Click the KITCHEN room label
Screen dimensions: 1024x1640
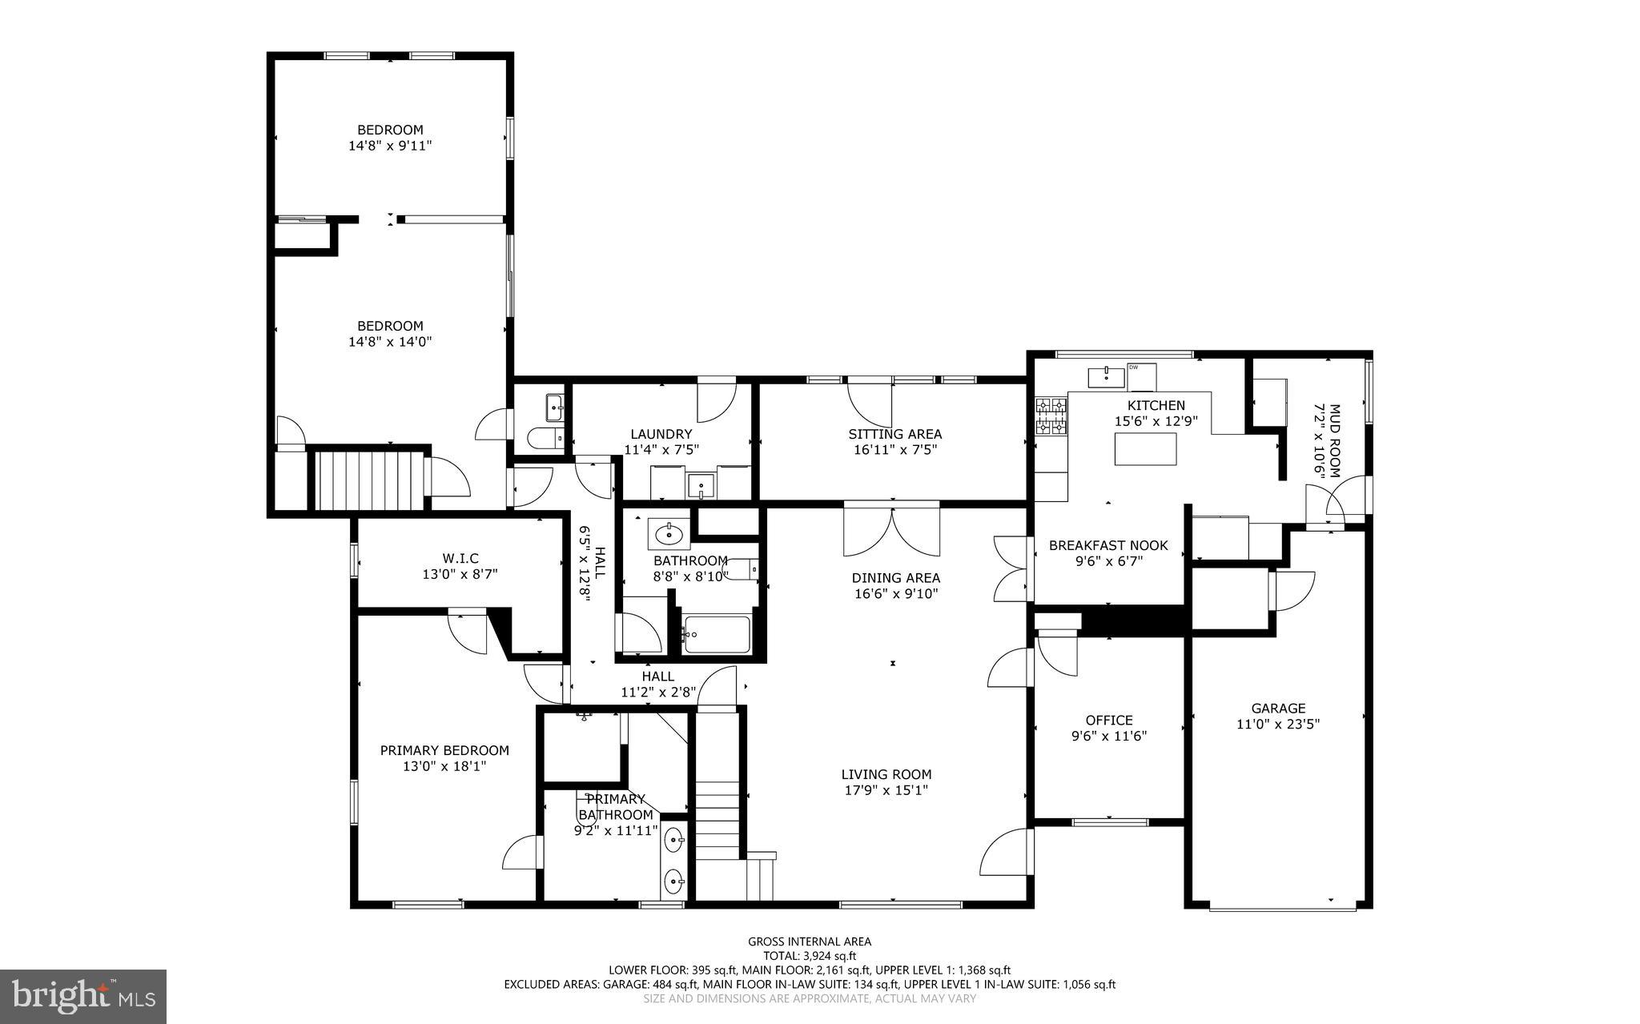point(1156,405)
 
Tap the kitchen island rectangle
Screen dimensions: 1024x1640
point(1146,448)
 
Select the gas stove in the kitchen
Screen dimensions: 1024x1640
point(1052,416)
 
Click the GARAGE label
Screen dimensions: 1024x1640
point(1278,708)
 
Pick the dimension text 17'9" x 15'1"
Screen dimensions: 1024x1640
point(886,790)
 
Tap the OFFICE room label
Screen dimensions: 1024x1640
point(1109,720)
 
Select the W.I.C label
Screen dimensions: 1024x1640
point(460,558)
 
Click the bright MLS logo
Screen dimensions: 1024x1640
point(83,996)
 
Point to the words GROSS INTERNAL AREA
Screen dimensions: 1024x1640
point(810,942)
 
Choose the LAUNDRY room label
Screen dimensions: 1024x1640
point(661,434)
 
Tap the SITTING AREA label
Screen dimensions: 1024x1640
point(894,434)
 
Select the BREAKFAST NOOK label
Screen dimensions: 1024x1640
point(1108,545)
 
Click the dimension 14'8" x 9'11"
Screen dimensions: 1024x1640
point(390,146)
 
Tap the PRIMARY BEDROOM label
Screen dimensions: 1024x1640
point(444,750)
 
